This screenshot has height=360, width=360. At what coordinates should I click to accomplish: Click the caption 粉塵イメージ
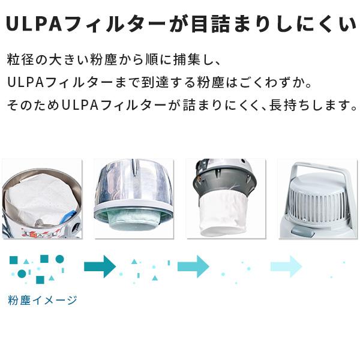click(x=42, y=300)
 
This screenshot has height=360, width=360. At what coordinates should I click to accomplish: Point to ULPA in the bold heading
click(x=33, y=25)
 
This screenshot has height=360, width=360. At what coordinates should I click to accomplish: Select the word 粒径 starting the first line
click(x=18, y=61)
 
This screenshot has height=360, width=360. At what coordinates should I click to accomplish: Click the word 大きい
click(x=66, y=61)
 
